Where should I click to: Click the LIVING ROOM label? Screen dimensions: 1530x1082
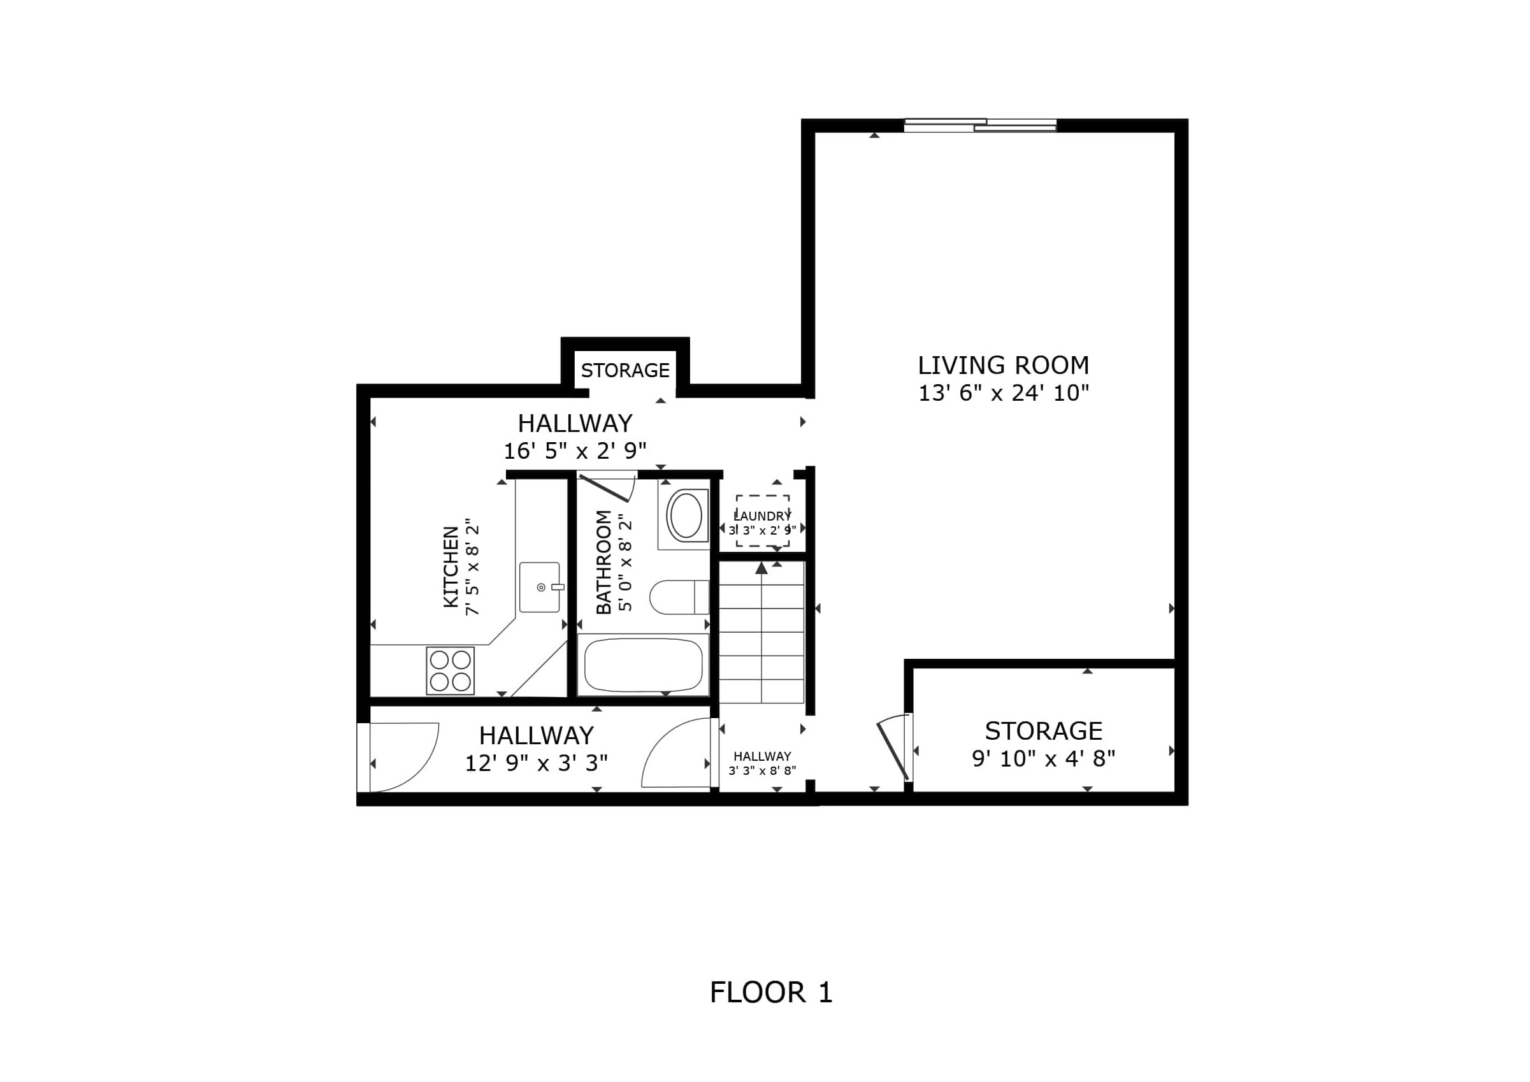1003,365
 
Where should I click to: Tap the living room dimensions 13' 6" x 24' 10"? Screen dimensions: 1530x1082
1004,393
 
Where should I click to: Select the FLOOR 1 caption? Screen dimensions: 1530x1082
771,993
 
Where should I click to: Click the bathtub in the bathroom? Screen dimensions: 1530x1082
643,665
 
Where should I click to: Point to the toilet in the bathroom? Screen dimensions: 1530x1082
679,597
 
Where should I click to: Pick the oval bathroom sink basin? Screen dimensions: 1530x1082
685,516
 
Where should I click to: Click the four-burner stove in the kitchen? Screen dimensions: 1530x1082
451,670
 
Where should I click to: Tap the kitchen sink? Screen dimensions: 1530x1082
540,587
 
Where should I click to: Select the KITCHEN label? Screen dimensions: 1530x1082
451,567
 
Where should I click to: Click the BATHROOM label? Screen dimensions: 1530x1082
603,561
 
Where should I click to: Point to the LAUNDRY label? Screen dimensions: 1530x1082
762,516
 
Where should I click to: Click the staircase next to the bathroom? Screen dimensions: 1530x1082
761,631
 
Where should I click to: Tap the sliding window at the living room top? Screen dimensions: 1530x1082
980,126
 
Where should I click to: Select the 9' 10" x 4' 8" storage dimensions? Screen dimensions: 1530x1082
1044,759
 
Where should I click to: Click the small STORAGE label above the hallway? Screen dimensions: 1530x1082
625,370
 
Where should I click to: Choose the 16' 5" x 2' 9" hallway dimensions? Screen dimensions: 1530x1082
574,451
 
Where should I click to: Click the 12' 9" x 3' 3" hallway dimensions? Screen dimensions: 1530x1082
536,763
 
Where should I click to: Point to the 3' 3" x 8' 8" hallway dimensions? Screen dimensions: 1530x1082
762,771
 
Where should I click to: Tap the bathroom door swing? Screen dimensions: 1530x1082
607,487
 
